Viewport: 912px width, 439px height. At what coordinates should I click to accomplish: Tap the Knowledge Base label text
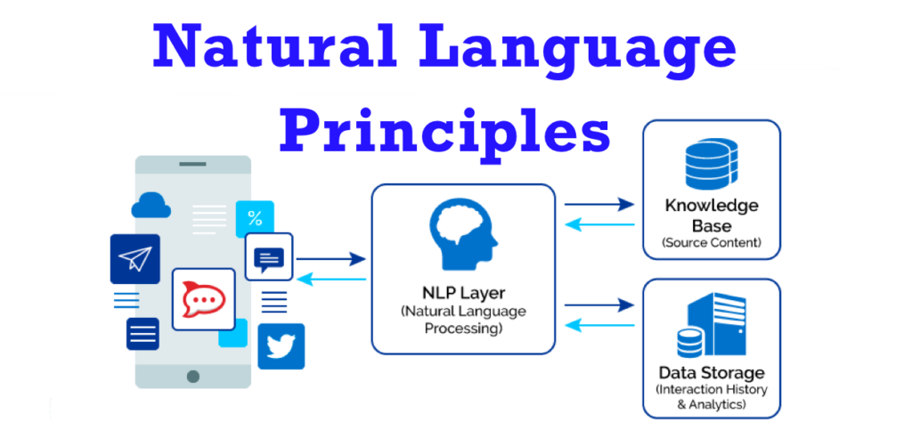click(x=711, y=215)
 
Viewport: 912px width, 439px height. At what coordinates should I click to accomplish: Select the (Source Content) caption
click(x=711, y=242)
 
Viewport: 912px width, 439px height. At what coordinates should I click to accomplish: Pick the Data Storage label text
click(x=711, y=372)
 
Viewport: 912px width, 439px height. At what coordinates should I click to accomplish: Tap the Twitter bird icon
click(x=281, y=346)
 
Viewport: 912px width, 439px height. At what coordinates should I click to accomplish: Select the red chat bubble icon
click(x=203, y=298)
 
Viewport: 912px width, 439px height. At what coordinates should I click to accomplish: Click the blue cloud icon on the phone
click(x=151, y=206)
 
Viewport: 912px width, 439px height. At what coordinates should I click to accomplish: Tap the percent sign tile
click(x=255, y=218)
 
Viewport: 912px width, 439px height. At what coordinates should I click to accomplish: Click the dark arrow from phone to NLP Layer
click(x=330, y=259)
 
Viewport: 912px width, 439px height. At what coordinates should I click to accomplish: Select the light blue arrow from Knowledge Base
click(x=598, y=224)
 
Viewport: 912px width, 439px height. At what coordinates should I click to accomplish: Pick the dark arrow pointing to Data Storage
click(x=598, y=305)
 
